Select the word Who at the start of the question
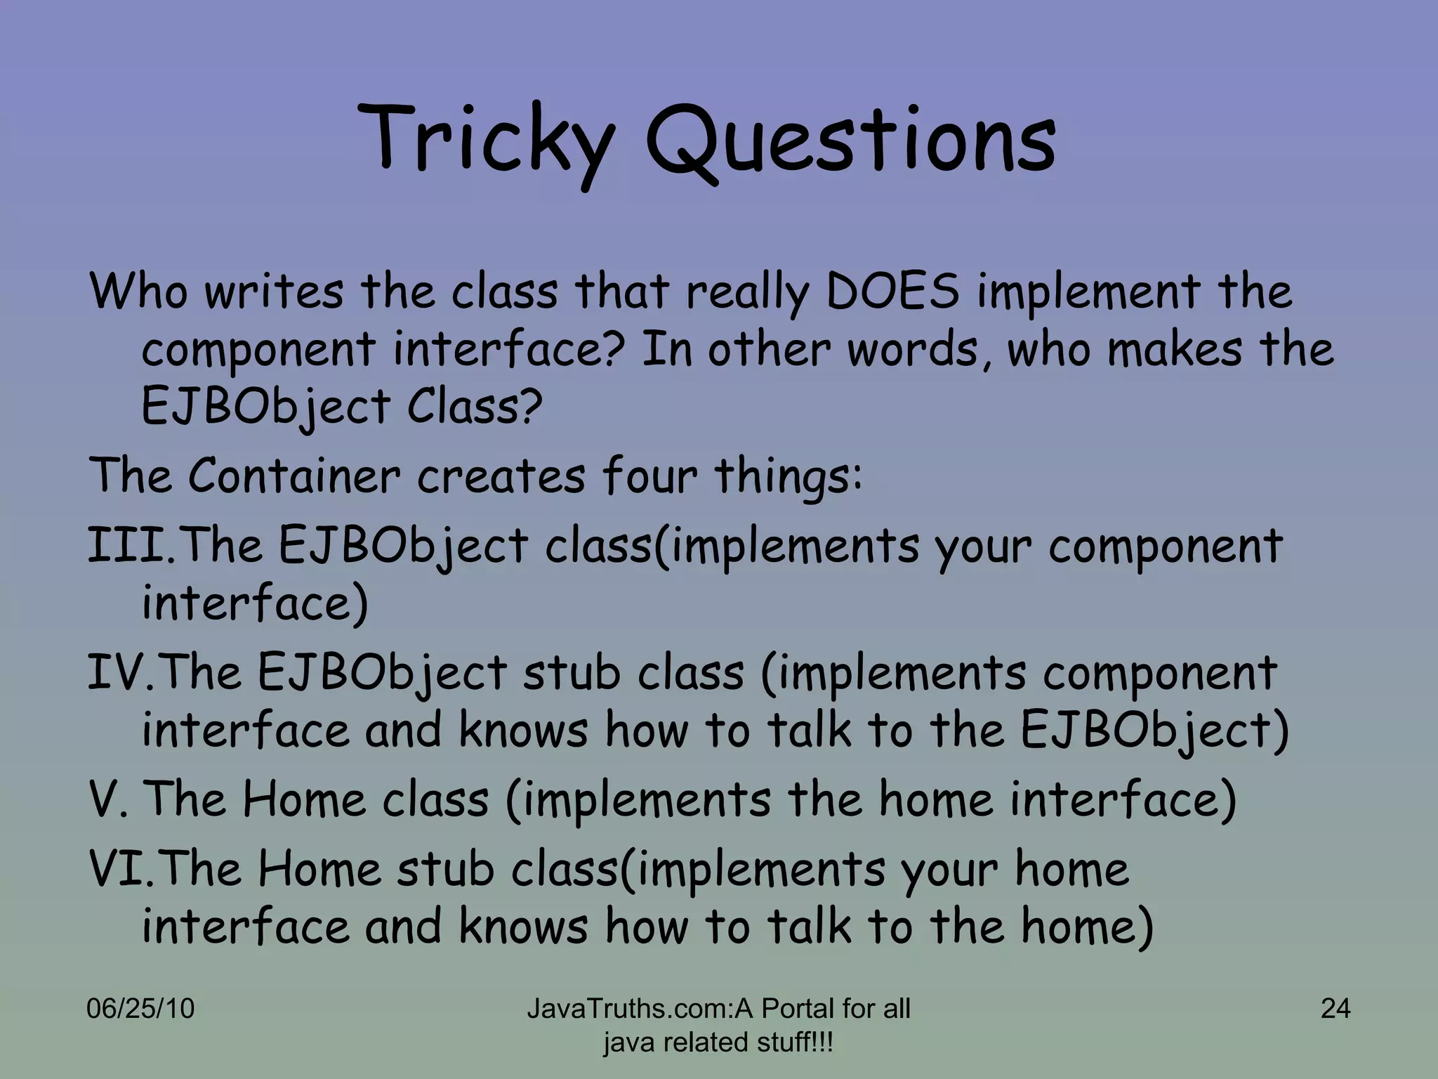[138, 291]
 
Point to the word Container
[293, 476]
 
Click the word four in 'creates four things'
[649, 476]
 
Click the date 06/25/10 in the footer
[140, 1009]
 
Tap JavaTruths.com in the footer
[629, 1009]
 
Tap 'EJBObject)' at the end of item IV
[1154, 731]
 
